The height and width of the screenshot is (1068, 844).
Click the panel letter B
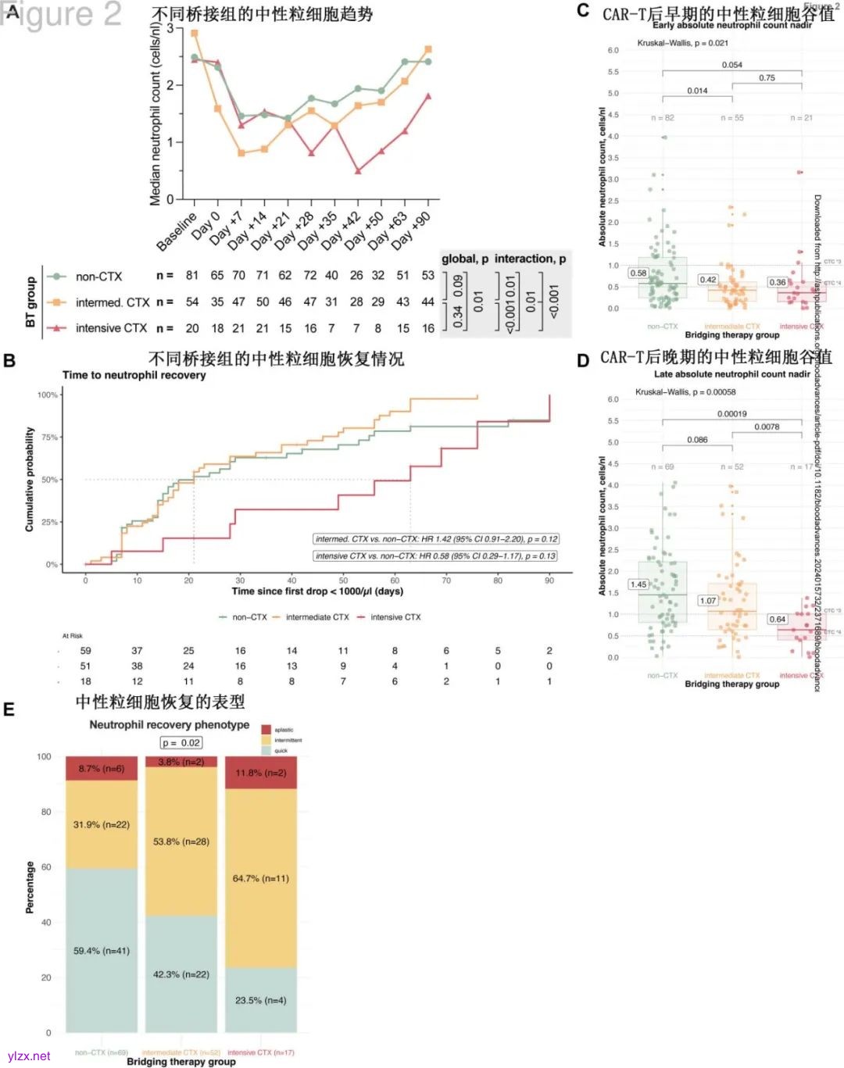point(9,361)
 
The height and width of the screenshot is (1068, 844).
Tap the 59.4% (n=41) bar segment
point(102,951)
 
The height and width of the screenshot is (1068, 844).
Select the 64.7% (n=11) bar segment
point(261,878)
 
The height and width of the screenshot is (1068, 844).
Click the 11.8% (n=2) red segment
point(261,773)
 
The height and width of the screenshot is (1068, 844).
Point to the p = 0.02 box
point(181,743)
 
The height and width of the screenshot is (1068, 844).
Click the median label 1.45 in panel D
point(638,584)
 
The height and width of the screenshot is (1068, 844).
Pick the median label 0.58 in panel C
point(638,273)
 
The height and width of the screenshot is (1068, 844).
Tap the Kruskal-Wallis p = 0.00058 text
point(685,392)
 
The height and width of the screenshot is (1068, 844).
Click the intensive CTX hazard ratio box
point(435,556)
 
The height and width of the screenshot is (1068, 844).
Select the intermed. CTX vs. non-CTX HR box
point(436,539)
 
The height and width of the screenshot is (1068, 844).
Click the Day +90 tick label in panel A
point(414,229)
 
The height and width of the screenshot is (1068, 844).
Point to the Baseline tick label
point(177,231)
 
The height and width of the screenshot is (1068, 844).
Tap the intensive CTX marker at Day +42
point(358,170)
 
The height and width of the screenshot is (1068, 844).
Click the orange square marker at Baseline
point(195,34)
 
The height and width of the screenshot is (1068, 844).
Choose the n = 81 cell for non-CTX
point(192,276)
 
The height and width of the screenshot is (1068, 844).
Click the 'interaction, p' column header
point(531,259)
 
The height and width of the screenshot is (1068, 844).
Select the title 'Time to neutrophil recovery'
point(134,375)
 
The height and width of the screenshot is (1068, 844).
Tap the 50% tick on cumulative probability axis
point(49,480)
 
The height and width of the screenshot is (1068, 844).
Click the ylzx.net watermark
point(28,1055)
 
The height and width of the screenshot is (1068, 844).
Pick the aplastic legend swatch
point(266,730)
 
